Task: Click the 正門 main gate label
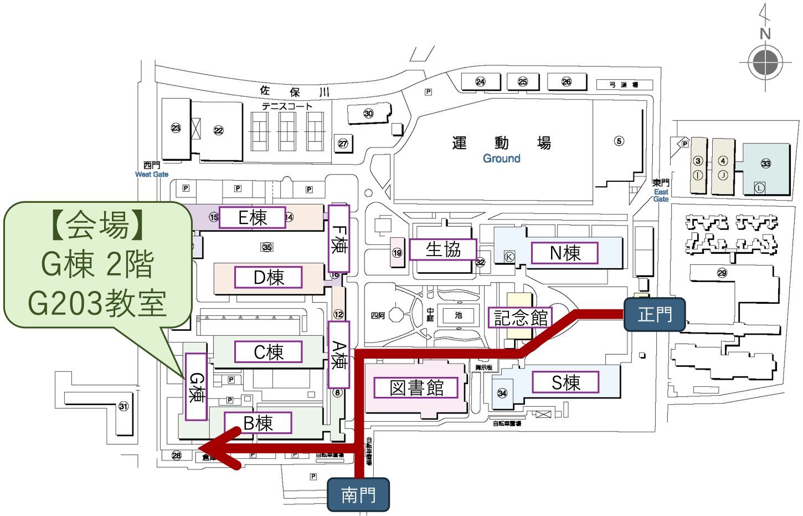(x=655, y=315)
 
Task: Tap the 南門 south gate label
(x=358, y=495)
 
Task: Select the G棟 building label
(x=196, y=387)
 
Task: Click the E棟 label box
(x=253, y=217)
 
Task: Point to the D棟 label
(x=269, y=277)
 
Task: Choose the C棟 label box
(x=269, y=352)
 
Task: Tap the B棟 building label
(x=258, y=423)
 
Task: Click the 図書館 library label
(x=416, y=387)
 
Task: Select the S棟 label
(x=565, y=382)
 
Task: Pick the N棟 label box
(x=565, y=253)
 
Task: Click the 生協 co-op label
(x=443, y=249)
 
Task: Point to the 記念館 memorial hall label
(x=521, y=318)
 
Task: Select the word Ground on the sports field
(x=502, y=159)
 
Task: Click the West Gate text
(x=152, y=174)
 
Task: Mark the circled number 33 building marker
(x=766, y=164)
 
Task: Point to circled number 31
(x=123, y=406)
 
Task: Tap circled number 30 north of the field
(x=368, y=114)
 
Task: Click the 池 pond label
(x=459, y=315)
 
